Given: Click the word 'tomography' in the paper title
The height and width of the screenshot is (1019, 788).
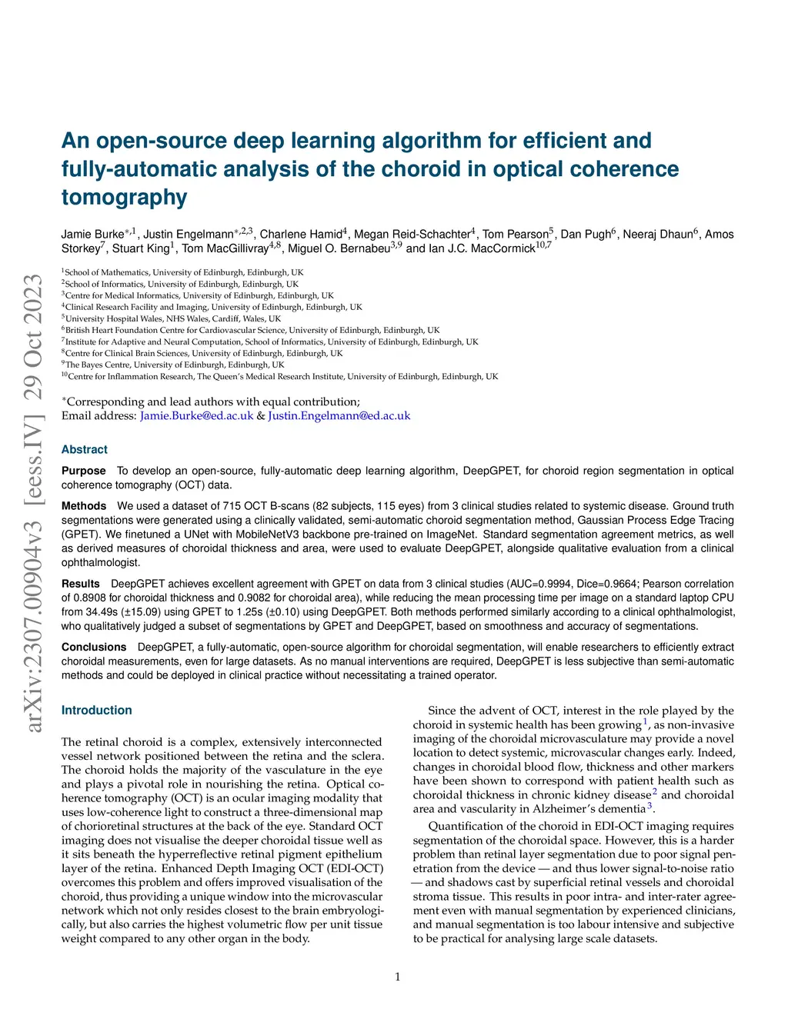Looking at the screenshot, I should tap(125, 198).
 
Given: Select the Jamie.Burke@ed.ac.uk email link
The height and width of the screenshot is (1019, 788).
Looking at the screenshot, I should tap(196, 416).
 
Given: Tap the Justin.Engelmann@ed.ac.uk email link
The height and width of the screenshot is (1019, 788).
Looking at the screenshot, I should tap(339, 416).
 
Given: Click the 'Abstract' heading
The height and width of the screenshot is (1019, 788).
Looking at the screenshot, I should tap(85, 450).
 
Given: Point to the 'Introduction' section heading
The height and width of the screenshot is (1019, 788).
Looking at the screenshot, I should tap(97, 711).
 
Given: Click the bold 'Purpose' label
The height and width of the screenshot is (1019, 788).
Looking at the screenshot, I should tap(84, 471).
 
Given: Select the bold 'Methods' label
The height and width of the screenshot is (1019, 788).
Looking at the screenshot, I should tap(84, 506).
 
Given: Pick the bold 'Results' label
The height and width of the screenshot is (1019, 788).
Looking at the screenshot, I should tap(81, 584).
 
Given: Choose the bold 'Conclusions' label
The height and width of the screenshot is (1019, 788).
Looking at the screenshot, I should tap(94, 648).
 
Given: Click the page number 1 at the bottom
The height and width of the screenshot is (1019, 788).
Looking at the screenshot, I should tap(398, 977).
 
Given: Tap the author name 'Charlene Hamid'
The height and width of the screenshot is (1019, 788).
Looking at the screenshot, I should tap(301, 235).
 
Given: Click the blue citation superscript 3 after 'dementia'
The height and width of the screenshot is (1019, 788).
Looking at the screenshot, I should tap(649, 806).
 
